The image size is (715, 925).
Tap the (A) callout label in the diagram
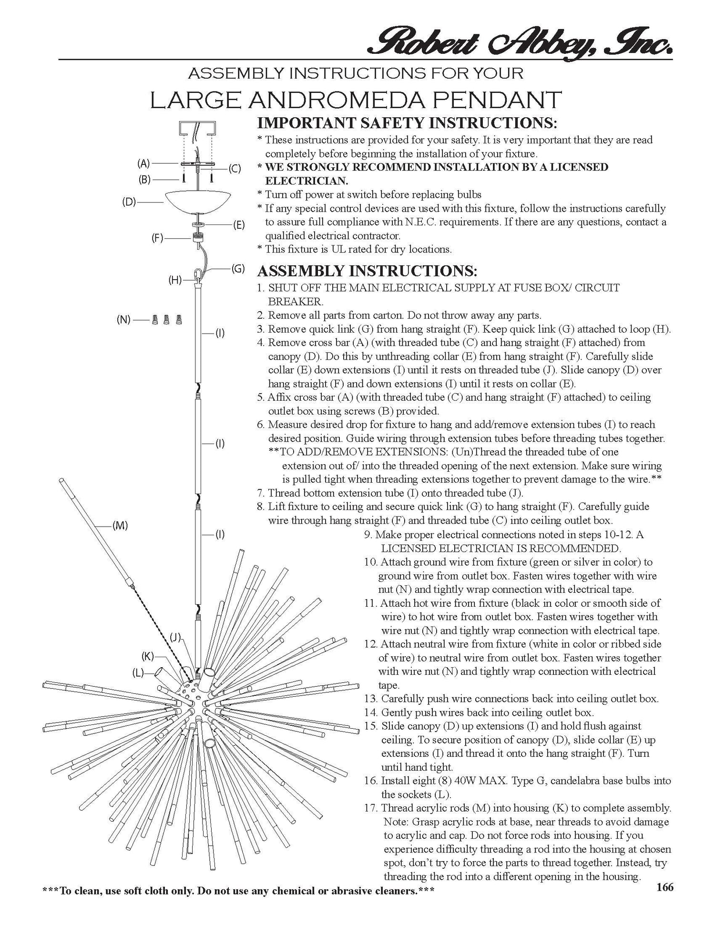pyautogui.click(x=143, y=163)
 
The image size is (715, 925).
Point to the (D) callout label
pyautogui.click(x=129, y=202)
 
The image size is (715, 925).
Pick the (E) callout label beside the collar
pyautogui.click(x=238, y=224)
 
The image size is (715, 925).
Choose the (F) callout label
pyautogui.click(x=158, y=238)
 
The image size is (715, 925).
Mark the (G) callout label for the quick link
pyautogui.click(x=238, y=268)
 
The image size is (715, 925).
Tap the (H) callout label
pyautogui.click(x=175, y=280)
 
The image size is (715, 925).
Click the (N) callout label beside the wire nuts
pyautogui.click(x=123, y=319)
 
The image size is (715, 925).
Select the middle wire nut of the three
pyautogui.click(x=166, y=319)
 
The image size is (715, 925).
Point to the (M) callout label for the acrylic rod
pyautogui.click(x=120, y=526)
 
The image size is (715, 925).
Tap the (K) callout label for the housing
pyautogui.click(x=148, y=656)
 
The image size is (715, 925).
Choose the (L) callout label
pyautogui.click(x=138, y=672)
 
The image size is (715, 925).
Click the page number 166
pyautogui.click(x=664, y=887)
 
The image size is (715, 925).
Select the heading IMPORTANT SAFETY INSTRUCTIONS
pyautogui.click(x=407, y=122)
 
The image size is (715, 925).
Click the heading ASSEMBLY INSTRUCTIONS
pyautogui.click(x=367, y=271)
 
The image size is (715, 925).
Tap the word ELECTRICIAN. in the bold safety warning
pyautogui.click(x=306, y=181)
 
